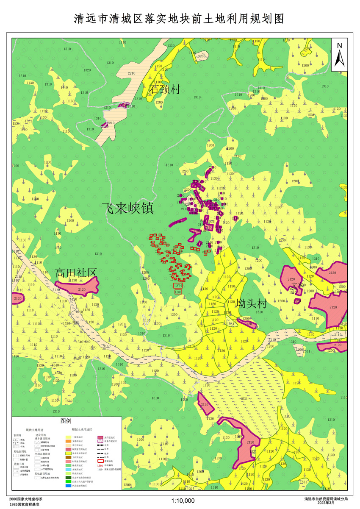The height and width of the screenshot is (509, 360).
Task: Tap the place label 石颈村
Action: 165,89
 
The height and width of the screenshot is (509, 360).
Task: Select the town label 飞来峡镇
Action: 127,208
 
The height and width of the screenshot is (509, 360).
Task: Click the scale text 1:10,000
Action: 183,501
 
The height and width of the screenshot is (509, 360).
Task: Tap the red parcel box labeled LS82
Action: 178,292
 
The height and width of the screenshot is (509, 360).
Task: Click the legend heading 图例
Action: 66,421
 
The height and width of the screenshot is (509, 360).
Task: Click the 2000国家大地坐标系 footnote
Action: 26,499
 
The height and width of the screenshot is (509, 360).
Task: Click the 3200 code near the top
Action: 202,56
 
